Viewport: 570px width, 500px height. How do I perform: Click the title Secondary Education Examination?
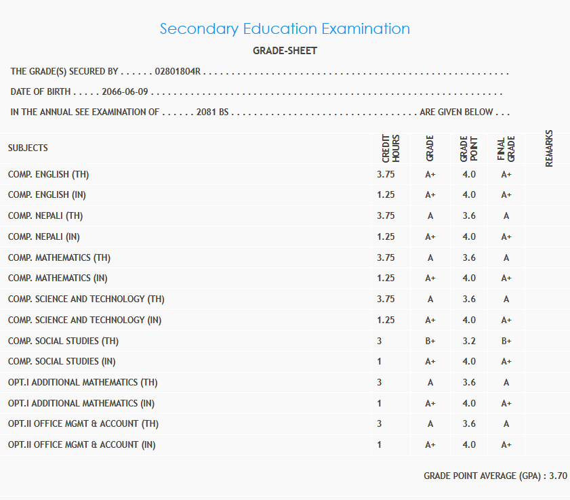(285, 29)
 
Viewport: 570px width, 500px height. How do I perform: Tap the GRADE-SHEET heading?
(285, 51)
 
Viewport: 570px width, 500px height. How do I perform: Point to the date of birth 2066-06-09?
(125, 92)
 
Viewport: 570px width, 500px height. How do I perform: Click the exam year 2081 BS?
(212, 112)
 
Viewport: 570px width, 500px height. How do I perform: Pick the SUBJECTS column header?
(28, 148)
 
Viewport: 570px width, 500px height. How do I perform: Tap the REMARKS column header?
(549, 148)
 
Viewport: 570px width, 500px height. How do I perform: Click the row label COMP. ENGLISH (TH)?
(49, 175)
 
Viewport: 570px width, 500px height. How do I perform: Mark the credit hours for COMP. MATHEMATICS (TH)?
(386, 257)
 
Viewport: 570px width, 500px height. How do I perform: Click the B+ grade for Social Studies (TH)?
(430, 341)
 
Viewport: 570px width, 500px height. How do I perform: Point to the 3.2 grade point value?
(469, 341)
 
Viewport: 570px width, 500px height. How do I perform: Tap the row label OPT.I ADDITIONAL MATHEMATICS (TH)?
(83, 383)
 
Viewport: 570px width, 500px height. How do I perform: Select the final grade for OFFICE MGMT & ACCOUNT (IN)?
(506, 445)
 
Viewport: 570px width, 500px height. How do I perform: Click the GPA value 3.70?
(558, 476)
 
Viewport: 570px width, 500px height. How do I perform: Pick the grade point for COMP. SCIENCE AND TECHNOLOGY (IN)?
(469, 320)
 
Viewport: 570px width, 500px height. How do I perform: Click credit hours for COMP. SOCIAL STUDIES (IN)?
(380, 362)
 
